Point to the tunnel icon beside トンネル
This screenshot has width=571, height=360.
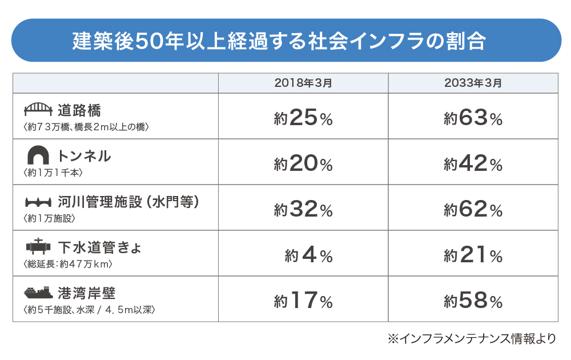click(x=38, y=155)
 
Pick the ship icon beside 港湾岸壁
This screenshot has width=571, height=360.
click(x=38, y=293)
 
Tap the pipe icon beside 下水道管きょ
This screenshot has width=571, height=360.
click(x=38, y=246)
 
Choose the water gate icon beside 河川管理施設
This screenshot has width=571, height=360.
click(x=38, y=201)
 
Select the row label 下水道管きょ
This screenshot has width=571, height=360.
click(x=99, y=247)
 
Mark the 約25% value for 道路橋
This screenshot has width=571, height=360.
click(x=303, y=118)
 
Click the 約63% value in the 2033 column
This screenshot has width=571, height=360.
click(x=473, y=118)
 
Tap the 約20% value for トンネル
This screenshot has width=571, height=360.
click(x=303, y=164)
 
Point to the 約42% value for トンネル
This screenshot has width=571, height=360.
click(x=473, y=164)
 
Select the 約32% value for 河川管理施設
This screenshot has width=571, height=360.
click(x=303, y=210)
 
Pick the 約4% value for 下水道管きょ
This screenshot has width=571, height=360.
click(x=308, y=255)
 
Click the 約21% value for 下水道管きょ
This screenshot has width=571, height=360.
click(x=473, y=255)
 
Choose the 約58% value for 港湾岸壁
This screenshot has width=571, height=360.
click(x=473, y=301)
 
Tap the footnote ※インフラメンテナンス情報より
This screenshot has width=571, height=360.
click(x=471, y=339)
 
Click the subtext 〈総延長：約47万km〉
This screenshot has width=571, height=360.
click(x=68, y=264)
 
